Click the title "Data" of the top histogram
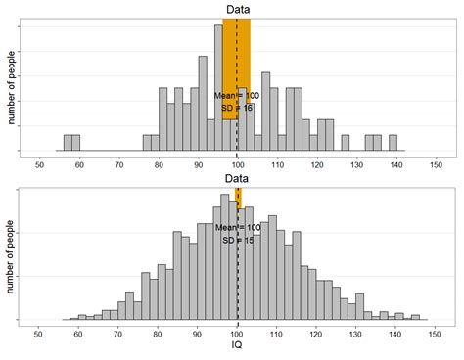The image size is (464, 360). point(236,10)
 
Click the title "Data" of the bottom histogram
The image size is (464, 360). point(236,179)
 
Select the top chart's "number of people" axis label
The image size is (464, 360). point(13,86)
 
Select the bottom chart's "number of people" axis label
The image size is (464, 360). point(13,255)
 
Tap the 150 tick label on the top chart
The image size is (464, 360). point(436,165)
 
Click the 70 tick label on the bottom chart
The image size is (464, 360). point(118,335)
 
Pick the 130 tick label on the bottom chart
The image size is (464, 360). point(356,335)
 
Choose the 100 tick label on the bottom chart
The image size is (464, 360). point(237,335)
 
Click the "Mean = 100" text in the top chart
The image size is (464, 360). point(237,96)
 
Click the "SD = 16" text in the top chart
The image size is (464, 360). point(237,108)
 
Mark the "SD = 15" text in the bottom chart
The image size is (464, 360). point(237,240)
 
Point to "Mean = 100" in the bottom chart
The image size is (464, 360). point(237,227)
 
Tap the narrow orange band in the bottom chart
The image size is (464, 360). point(238,199)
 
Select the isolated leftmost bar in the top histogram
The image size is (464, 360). point(71,143)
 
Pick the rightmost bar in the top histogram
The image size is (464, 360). point(393,143)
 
